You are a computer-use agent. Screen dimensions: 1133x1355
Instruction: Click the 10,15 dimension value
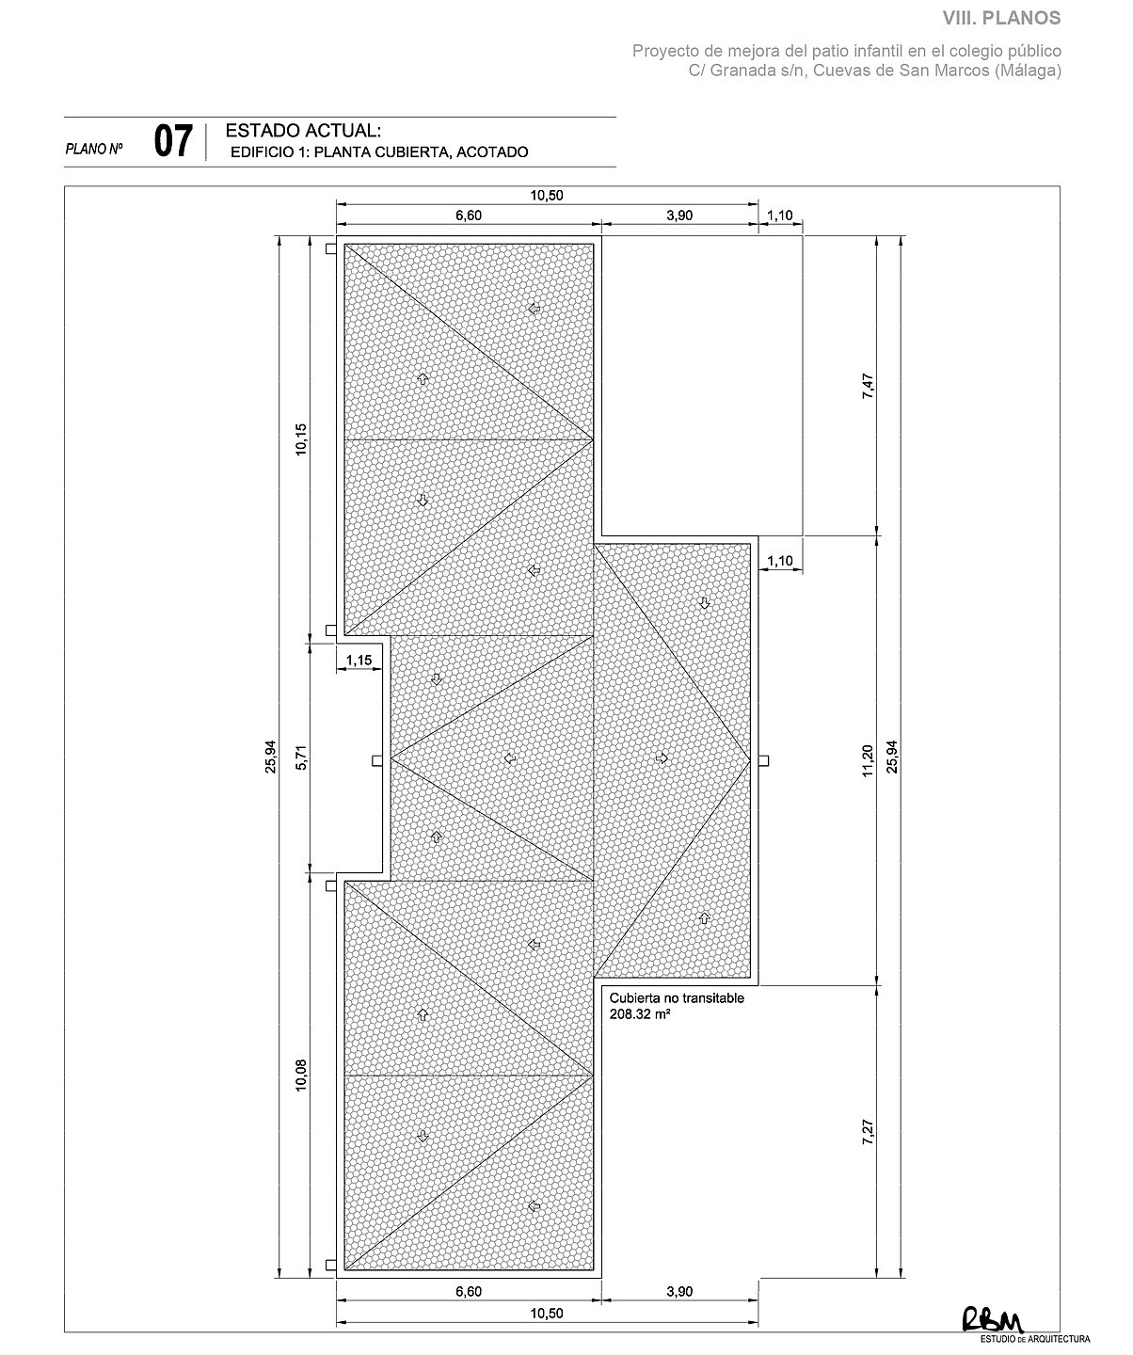[x=301, y=439]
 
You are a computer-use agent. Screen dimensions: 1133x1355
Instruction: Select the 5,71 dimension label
[x=301, y=757]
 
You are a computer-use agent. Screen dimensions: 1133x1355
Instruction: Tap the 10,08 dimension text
[x=301, y=1075]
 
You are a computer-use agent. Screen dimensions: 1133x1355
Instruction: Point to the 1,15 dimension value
[x=359, y=660]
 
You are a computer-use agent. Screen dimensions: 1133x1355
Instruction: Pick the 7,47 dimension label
[x=868, y=386]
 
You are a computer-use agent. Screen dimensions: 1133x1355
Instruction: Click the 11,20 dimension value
[x=868, y=760]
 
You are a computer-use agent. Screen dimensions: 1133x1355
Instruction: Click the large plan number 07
[x=173, y=141]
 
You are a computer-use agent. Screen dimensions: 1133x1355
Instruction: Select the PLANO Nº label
[x=94, y=149]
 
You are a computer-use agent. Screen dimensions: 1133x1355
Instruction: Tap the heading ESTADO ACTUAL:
[x=303, y=131]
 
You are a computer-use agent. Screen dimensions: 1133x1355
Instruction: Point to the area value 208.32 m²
[x=639, y=1014]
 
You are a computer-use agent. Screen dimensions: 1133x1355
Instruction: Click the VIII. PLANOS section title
[x=1002, y=18]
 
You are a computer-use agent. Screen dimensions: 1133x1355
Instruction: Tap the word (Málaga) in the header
[x=1028, y=70]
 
